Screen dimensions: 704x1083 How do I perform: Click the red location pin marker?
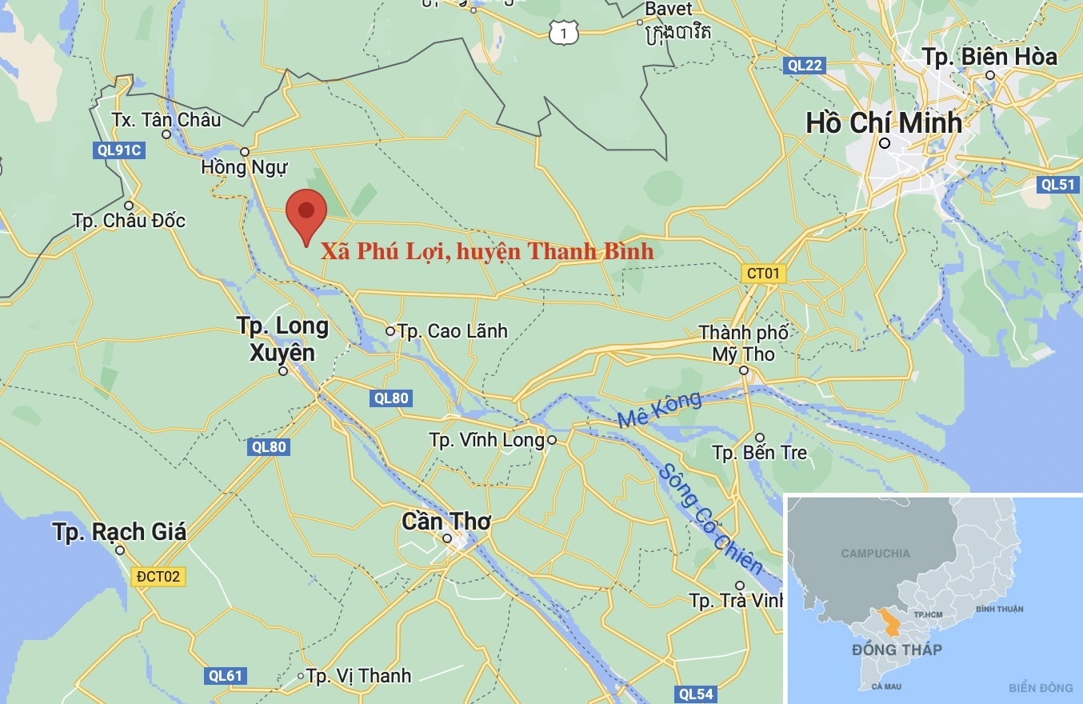click(306, 213)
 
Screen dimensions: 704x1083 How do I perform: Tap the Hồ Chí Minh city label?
click(884, 122)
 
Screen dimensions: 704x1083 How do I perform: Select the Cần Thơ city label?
click(446, 522)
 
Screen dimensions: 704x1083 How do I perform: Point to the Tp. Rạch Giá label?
click(119, 532)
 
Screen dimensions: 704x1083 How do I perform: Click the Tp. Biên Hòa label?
click(989, 57)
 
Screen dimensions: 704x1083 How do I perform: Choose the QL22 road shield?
click(804, 66)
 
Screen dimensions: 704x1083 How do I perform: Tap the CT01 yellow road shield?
click(762, 274)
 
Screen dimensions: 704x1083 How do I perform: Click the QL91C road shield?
click(118, 149)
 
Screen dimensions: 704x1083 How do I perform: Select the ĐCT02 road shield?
click(159, 576)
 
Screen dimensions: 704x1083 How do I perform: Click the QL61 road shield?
click(225, 676)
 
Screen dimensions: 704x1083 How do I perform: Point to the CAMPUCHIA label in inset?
click(875, 554)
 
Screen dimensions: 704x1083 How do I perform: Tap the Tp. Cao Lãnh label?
click(452, 330)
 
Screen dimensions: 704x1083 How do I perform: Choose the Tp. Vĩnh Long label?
click(486, 440)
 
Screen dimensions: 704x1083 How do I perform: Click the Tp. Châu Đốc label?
click(129, 220)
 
